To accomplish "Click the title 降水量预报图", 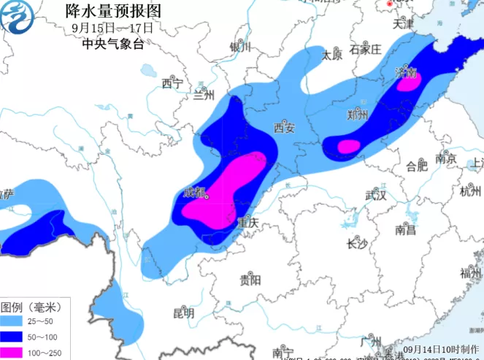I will tap(113, 11).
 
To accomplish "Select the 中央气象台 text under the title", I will tap(113, 44).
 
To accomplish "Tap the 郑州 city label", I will tap(358, 115).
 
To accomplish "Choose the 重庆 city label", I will tap(248, 224).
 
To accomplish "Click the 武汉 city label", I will tap(375, 195).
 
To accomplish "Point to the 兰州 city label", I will tap(204, 96).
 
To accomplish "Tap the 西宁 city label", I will tap(172, 84).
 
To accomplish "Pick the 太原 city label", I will tap(332, 55).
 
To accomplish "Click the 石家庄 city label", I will tap(365, 50).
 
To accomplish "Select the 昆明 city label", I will tap(184, 313).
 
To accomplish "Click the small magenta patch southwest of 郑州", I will tap(349, 146).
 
